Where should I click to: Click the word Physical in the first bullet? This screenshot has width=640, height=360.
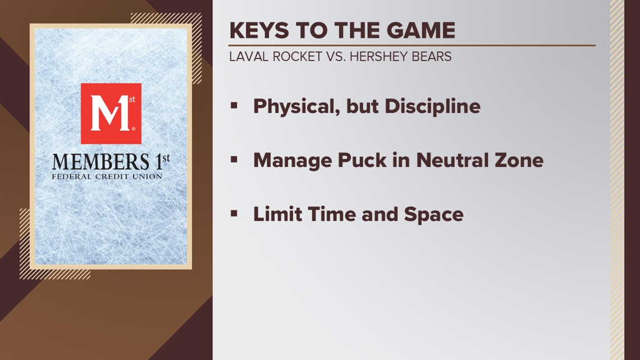(290, 106)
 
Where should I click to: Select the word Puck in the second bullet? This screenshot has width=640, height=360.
(359, 160)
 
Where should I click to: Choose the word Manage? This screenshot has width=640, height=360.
(291, 160)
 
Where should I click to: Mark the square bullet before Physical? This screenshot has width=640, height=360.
(235, 105)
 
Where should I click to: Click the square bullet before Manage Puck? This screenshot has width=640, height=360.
(235, 160)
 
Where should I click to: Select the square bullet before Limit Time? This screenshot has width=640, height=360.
(235, 213)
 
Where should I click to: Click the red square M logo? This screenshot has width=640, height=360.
(111, 113)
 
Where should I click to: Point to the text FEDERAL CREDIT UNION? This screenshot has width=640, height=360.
(107, 176)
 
